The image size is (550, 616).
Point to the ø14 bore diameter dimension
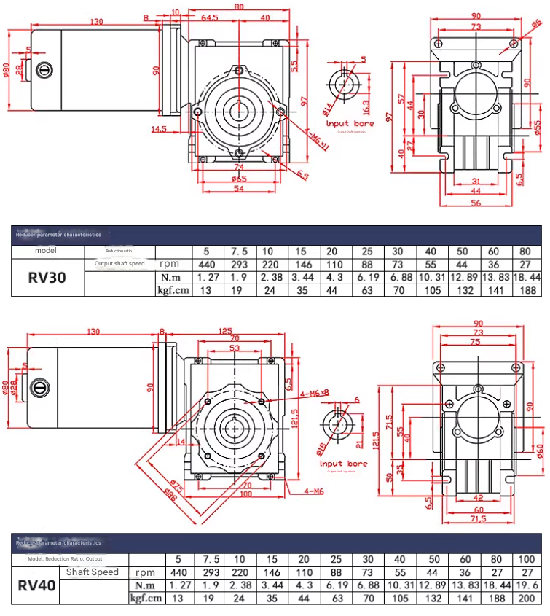[326, 111]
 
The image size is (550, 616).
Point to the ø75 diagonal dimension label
[177, 484]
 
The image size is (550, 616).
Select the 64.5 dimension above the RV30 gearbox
[211, 17]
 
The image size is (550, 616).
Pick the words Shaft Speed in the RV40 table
[93, 572]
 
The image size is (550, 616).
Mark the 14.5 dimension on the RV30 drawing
[160, 130]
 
